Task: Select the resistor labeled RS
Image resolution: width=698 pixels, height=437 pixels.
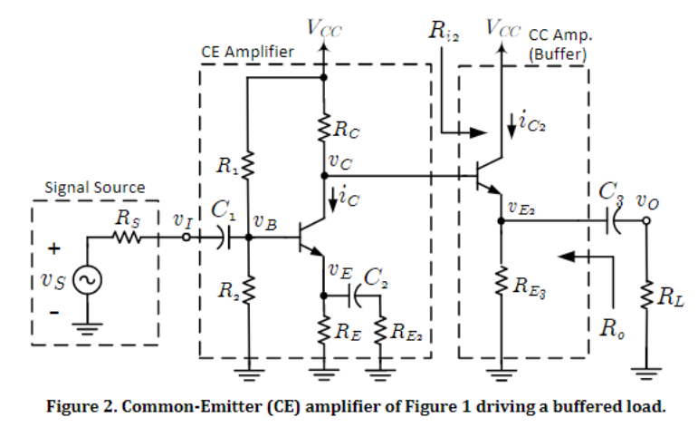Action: pos(125,238)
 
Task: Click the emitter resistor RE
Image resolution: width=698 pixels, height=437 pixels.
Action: pos(324,330)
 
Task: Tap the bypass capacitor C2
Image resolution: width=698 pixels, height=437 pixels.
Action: pos(354,296)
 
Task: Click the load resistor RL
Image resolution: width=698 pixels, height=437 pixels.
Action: pos(646,296)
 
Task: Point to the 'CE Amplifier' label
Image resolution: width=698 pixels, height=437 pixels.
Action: pos(247,53)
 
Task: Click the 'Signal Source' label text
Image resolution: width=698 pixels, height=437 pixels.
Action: pos(95,188)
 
